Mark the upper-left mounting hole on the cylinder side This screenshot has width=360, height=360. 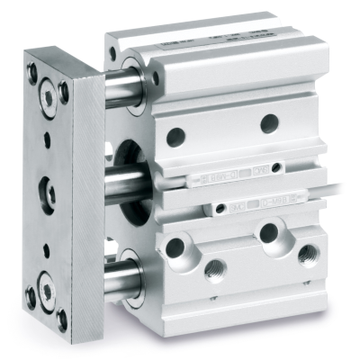[x=175, y=136]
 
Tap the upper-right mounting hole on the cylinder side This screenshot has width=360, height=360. [x=268, y=123]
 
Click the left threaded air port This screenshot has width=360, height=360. [x=215, y=267]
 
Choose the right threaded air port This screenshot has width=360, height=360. [x=308, y=255]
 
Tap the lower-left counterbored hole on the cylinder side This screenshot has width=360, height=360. [x=175, y=247]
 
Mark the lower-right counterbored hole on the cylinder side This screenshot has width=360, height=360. [x=268, y=233]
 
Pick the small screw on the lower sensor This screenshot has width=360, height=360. [x=219, y=211]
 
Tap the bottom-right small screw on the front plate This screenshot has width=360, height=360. [x=61, y=317]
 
